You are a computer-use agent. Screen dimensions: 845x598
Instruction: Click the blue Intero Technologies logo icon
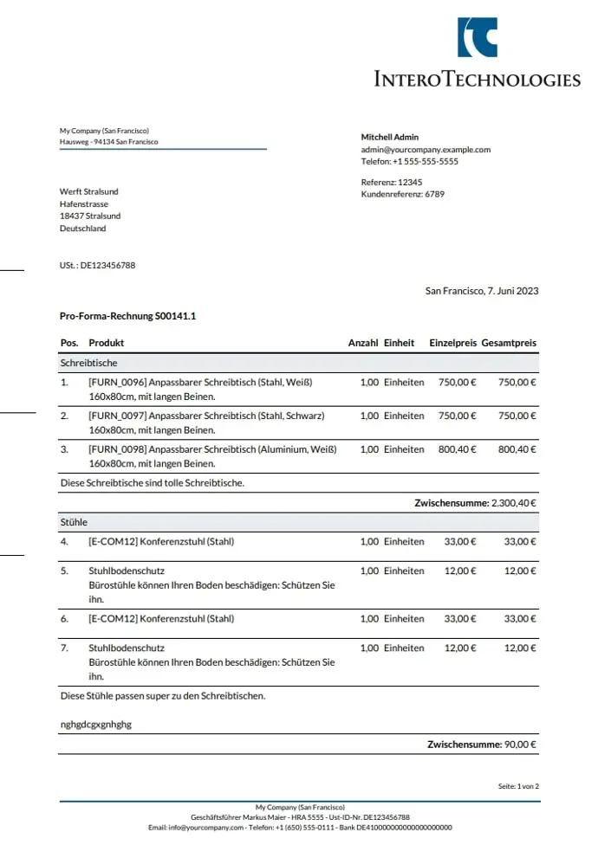pos(478,37)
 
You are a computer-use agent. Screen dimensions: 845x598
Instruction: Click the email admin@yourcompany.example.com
pos(426,149)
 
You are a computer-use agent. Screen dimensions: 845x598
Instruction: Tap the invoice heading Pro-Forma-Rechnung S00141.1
pos(127,317)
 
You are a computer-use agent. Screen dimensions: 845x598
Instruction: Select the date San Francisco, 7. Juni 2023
pos(482,291)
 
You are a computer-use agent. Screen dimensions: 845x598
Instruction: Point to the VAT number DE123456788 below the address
pos(107,265)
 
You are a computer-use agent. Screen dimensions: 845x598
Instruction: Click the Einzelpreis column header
pos(452,343)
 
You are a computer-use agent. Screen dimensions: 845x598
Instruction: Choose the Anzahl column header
pos(363,343)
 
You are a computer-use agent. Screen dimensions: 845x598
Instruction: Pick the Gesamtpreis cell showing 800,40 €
pos(517,449)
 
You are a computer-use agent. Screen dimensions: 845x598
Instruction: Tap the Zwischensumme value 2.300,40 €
pos(514,502)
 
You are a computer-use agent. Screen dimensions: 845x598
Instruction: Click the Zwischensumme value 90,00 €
pos(520,744)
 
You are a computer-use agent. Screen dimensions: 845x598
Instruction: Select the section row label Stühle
pos(74,522)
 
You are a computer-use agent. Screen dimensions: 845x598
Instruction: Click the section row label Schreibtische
pos(88,363)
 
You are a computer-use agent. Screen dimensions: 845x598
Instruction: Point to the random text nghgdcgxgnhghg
pos(95,723)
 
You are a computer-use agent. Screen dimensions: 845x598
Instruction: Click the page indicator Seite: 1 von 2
pos(518,786)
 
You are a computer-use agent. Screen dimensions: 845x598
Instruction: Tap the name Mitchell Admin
pos(390,137)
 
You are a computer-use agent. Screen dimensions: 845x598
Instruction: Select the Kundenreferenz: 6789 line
pos(402,194)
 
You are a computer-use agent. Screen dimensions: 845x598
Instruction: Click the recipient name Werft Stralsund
pos(89,191)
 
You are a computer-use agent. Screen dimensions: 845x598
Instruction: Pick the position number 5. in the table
pos(64,571)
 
